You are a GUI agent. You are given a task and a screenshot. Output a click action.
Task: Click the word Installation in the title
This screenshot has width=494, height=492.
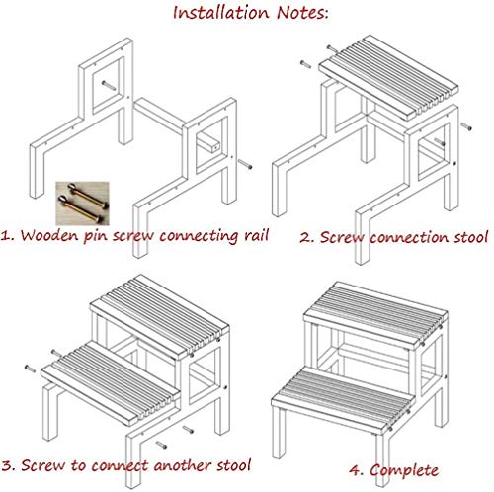(x=221, y=13)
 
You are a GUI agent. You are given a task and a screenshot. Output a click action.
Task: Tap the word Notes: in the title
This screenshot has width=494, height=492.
(x=302, y=13)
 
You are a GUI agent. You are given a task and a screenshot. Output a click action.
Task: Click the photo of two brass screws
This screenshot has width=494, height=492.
(x=82, y=203)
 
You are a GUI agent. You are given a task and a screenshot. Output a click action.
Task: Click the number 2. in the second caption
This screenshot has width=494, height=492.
(x=306, y=238)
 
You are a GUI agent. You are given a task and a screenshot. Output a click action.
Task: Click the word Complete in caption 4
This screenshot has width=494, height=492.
(x=404, y=470)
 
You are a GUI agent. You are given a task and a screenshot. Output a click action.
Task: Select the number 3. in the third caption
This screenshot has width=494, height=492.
(x=8, y=465)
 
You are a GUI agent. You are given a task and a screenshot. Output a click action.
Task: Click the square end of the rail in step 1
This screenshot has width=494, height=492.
(x=215, y=148)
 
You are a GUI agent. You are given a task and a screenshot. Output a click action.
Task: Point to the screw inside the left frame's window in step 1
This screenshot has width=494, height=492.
(x=109, y=85)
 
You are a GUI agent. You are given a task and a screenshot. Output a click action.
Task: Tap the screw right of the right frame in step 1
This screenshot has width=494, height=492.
(x=245, y=164)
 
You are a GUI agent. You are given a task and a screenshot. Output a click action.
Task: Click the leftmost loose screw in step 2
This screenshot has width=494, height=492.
(x=305, y=64)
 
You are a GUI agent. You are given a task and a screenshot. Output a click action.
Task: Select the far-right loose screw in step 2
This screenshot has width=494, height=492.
(x=466, y=126)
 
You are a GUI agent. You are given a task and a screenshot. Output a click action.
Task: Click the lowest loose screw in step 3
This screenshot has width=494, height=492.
(x=161, y=445)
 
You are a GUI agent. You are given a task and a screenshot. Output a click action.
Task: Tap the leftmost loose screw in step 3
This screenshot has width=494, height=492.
(x=31, y=369)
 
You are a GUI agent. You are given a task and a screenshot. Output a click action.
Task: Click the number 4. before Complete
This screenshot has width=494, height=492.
(x=356, y=470)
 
